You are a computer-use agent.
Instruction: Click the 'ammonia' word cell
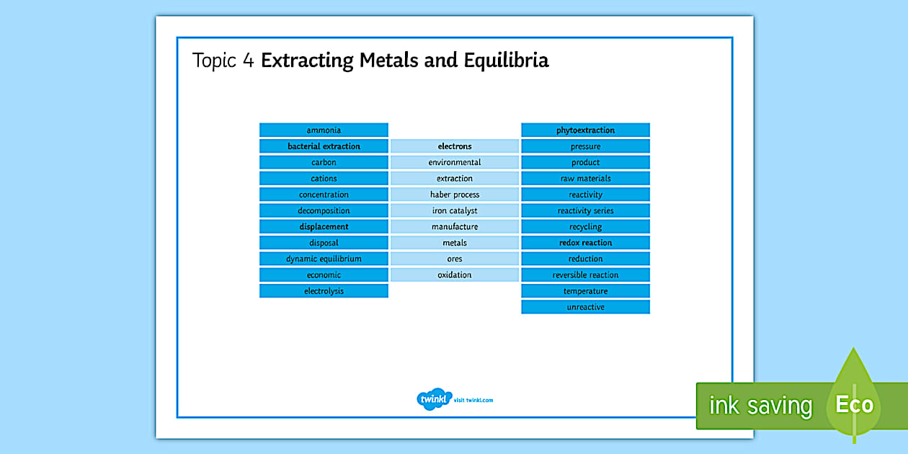click(x=324, y=130)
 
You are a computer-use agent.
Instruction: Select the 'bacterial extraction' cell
click(x=324, y=146)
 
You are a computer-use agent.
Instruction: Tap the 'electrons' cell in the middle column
click(x=455, y=146)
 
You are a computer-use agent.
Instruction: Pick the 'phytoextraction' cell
click(x=585, y=130)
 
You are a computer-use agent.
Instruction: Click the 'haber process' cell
click(x=455, y=195)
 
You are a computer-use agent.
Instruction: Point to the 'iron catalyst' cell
click(x=455, y=210)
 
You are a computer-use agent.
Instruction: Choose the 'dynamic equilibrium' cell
click(x=324, y=259)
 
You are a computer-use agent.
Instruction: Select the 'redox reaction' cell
click(x=585, y=243)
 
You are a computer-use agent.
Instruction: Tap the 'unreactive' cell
click(x=585, y=307)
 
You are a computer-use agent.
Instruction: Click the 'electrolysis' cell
click(x=324, y=291)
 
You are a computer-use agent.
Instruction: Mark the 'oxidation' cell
click(x=455, y=275)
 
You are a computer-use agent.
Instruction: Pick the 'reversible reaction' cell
click(x=585, y=275)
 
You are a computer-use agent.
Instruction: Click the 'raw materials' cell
click(x=585, y=179)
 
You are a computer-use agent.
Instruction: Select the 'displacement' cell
click(x=324, y=226)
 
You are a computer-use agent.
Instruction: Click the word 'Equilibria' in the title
click(x=506, y=61)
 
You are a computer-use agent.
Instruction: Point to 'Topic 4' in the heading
click(x=223, y=61)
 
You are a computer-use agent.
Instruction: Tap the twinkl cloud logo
click(x=434, y=399)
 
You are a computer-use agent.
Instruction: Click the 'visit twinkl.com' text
click(x=473, y=400)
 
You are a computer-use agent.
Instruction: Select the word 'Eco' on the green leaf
click(x=854, y=404)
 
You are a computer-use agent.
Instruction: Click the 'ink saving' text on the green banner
click(x=761, y=405)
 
